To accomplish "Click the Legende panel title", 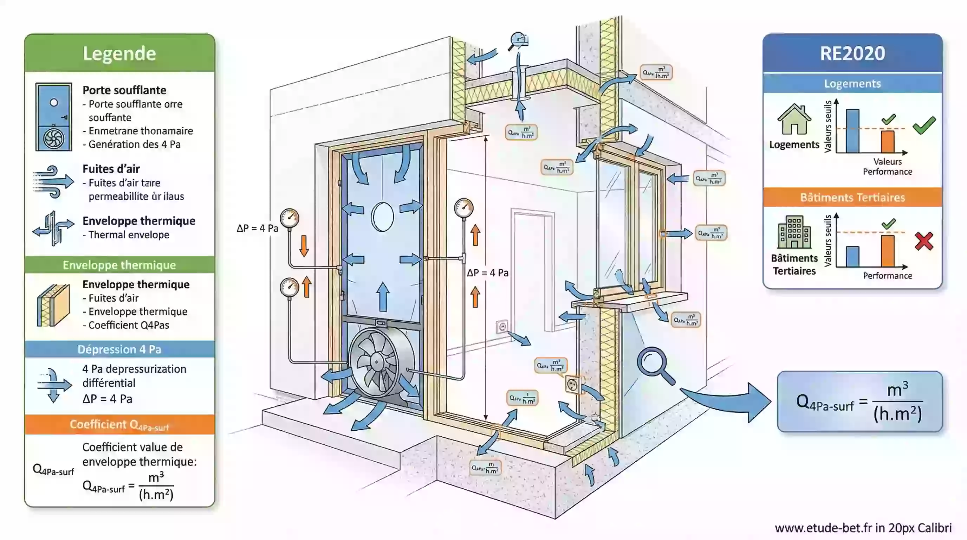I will [119, 53].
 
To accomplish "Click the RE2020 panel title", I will [852, 53].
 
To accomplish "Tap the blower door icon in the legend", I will [54, 117].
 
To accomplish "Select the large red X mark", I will [924, 241].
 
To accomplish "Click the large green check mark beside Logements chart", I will [924, 126].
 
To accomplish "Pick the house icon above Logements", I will [794, 120].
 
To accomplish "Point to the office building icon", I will [794, 232].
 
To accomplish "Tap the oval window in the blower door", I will [383, 217].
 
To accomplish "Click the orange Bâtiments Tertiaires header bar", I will [852, 197].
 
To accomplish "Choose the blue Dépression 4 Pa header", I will [119, 349].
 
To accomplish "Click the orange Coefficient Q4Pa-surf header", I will [119, 425].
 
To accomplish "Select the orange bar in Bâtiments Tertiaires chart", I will [888, 250].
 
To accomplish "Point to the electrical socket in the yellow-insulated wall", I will [572, 385].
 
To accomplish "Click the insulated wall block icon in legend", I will [54, 305].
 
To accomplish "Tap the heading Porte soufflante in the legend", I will [124, 90].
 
